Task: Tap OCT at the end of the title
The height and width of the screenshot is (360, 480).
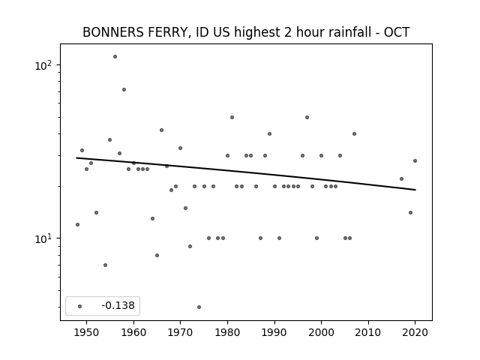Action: click(x=397, y=32)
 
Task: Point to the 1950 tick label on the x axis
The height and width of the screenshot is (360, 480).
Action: click(x=86, y=332)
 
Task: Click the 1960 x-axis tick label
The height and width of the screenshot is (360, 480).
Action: click(x=133, y=332)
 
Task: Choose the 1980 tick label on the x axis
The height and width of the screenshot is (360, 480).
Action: click(x=227, y=332)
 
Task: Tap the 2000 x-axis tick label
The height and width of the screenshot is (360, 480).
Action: click(x=321, y=332)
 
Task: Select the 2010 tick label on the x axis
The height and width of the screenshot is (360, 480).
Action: click(x=368, y=332)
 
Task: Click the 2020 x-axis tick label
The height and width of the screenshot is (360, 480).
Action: click(x=415, y=332)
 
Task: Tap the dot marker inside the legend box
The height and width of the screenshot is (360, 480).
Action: click(x=79, y=306)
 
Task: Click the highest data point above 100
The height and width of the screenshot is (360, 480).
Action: click(x=115, y=56)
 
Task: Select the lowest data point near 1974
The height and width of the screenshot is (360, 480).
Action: click(x=199, y=307)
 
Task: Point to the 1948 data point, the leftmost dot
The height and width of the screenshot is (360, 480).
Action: click(x=77, y=224)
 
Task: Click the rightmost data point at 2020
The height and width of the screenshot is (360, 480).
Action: click(x=415, y=160)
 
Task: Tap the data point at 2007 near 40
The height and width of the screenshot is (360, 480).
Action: click(x=354, y=133)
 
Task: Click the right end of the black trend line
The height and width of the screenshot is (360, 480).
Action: click(x=415, y=190)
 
